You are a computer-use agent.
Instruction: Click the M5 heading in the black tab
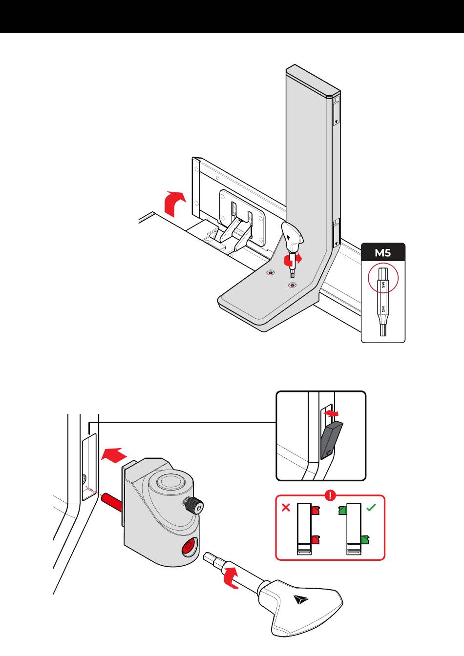click(x=383, y=252)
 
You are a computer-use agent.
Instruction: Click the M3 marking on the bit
click(x=383, y=309)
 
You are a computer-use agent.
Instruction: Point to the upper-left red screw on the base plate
click(x=270, y=273)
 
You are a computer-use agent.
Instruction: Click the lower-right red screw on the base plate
click(x=292, y=285)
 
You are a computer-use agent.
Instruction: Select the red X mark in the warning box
click(x=286, y=507)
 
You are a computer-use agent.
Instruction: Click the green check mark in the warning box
click(x=371, y=507)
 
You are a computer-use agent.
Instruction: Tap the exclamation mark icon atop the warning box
click(x=331, y=495)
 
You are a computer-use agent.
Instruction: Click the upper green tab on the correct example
click(x=342, y=511)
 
